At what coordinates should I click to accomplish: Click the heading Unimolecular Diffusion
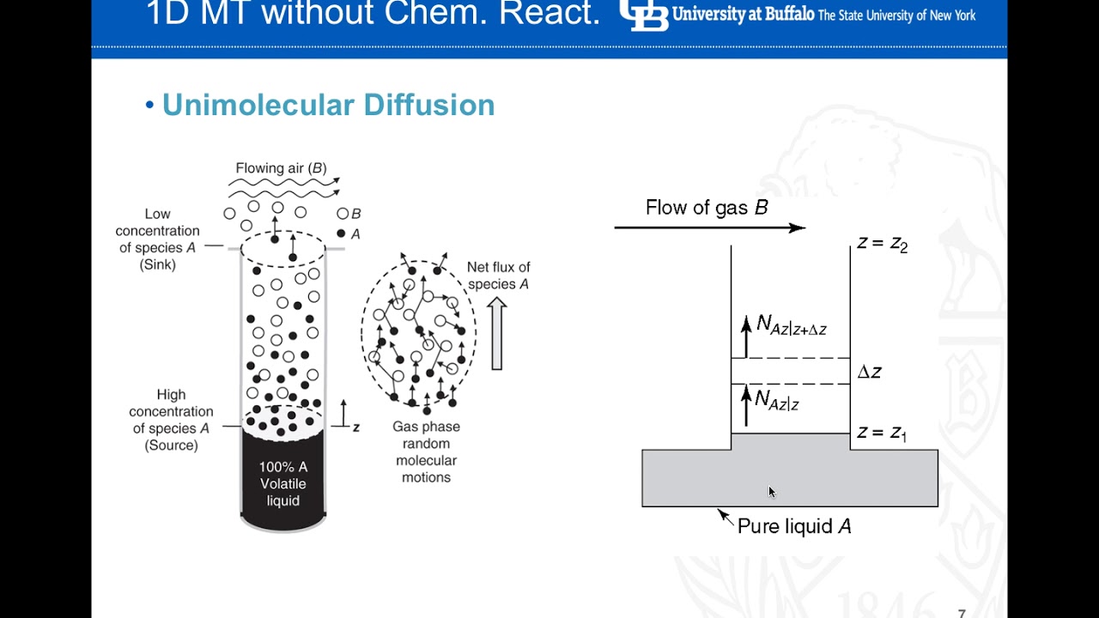pyautogui.click(x=328, y=105)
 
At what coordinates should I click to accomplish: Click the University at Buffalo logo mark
pyautogui.click(x=643, y=15)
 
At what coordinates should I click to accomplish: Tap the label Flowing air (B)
pyautogui.click(x=281, y=168)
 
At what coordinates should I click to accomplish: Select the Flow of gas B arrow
pyautogui.click(x=709, y=227)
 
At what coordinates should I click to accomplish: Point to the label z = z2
pyautogui.click(x=882, y=245)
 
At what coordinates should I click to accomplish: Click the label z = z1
pyautogui.click(x=881, y=433)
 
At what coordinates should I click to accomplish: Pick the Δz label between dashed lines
pyautogui.click(x=869, y=372)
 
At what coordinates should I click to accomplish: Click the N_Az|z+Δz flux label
pyautogui.click(x=791, y=325)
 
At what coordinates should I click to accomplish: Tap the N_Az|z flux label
pyautogui.click(x=777, y=399)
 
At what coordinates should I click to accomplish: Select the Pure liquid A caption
pyautogui.click(x=794, y=526)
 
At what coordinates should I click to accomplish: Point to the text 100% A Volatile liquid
pyautogui.click(x=283, y=484)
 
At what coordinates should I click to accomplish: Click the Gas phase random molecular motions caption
pyautogui.click(x=426, y=451)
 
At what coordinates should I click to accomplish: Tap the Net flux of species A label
pyautogui.click(x=498, y=276)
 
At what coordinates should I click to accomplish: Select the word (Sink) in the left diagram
pyautogui.click(x=158, y=265)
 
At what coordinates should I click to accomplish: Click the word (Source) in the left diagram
pyautogui.click(x=171, y=445)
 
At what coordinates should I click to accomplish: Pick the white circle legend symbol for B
pyautogui.click(x=343, y=214)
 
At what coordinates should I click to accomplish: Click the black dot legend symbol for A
pyautogui.click(x=342, y=233)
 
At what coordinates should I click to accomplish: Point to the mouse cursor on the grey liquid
pyautogui.click(x=771, y=491)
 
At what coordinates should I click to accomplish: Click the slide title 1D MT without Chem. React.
pyautogui.click(x=373, y=14)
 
